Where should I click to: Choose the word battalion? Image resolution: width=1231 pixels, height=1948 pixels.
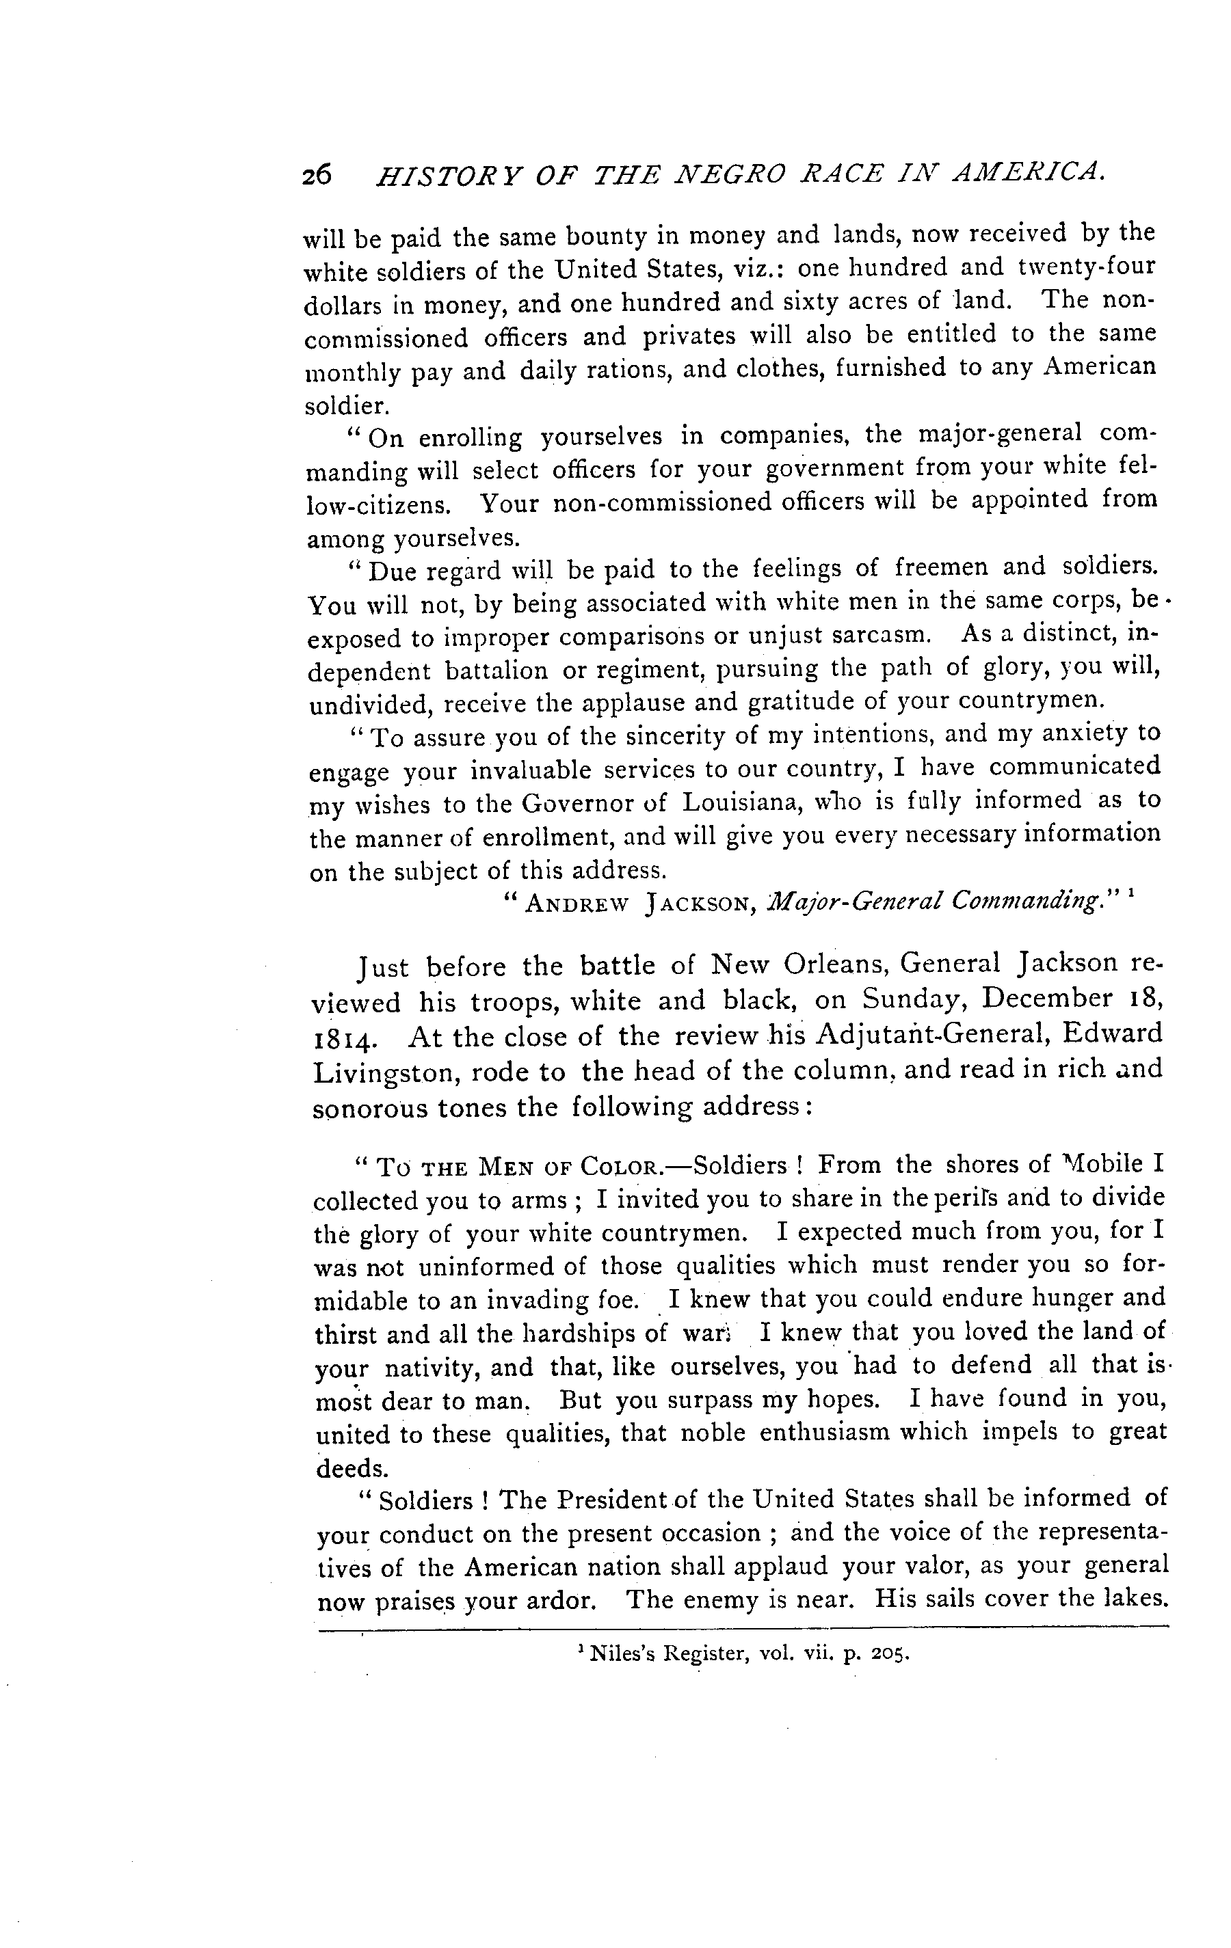click(x=499, y=671)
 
